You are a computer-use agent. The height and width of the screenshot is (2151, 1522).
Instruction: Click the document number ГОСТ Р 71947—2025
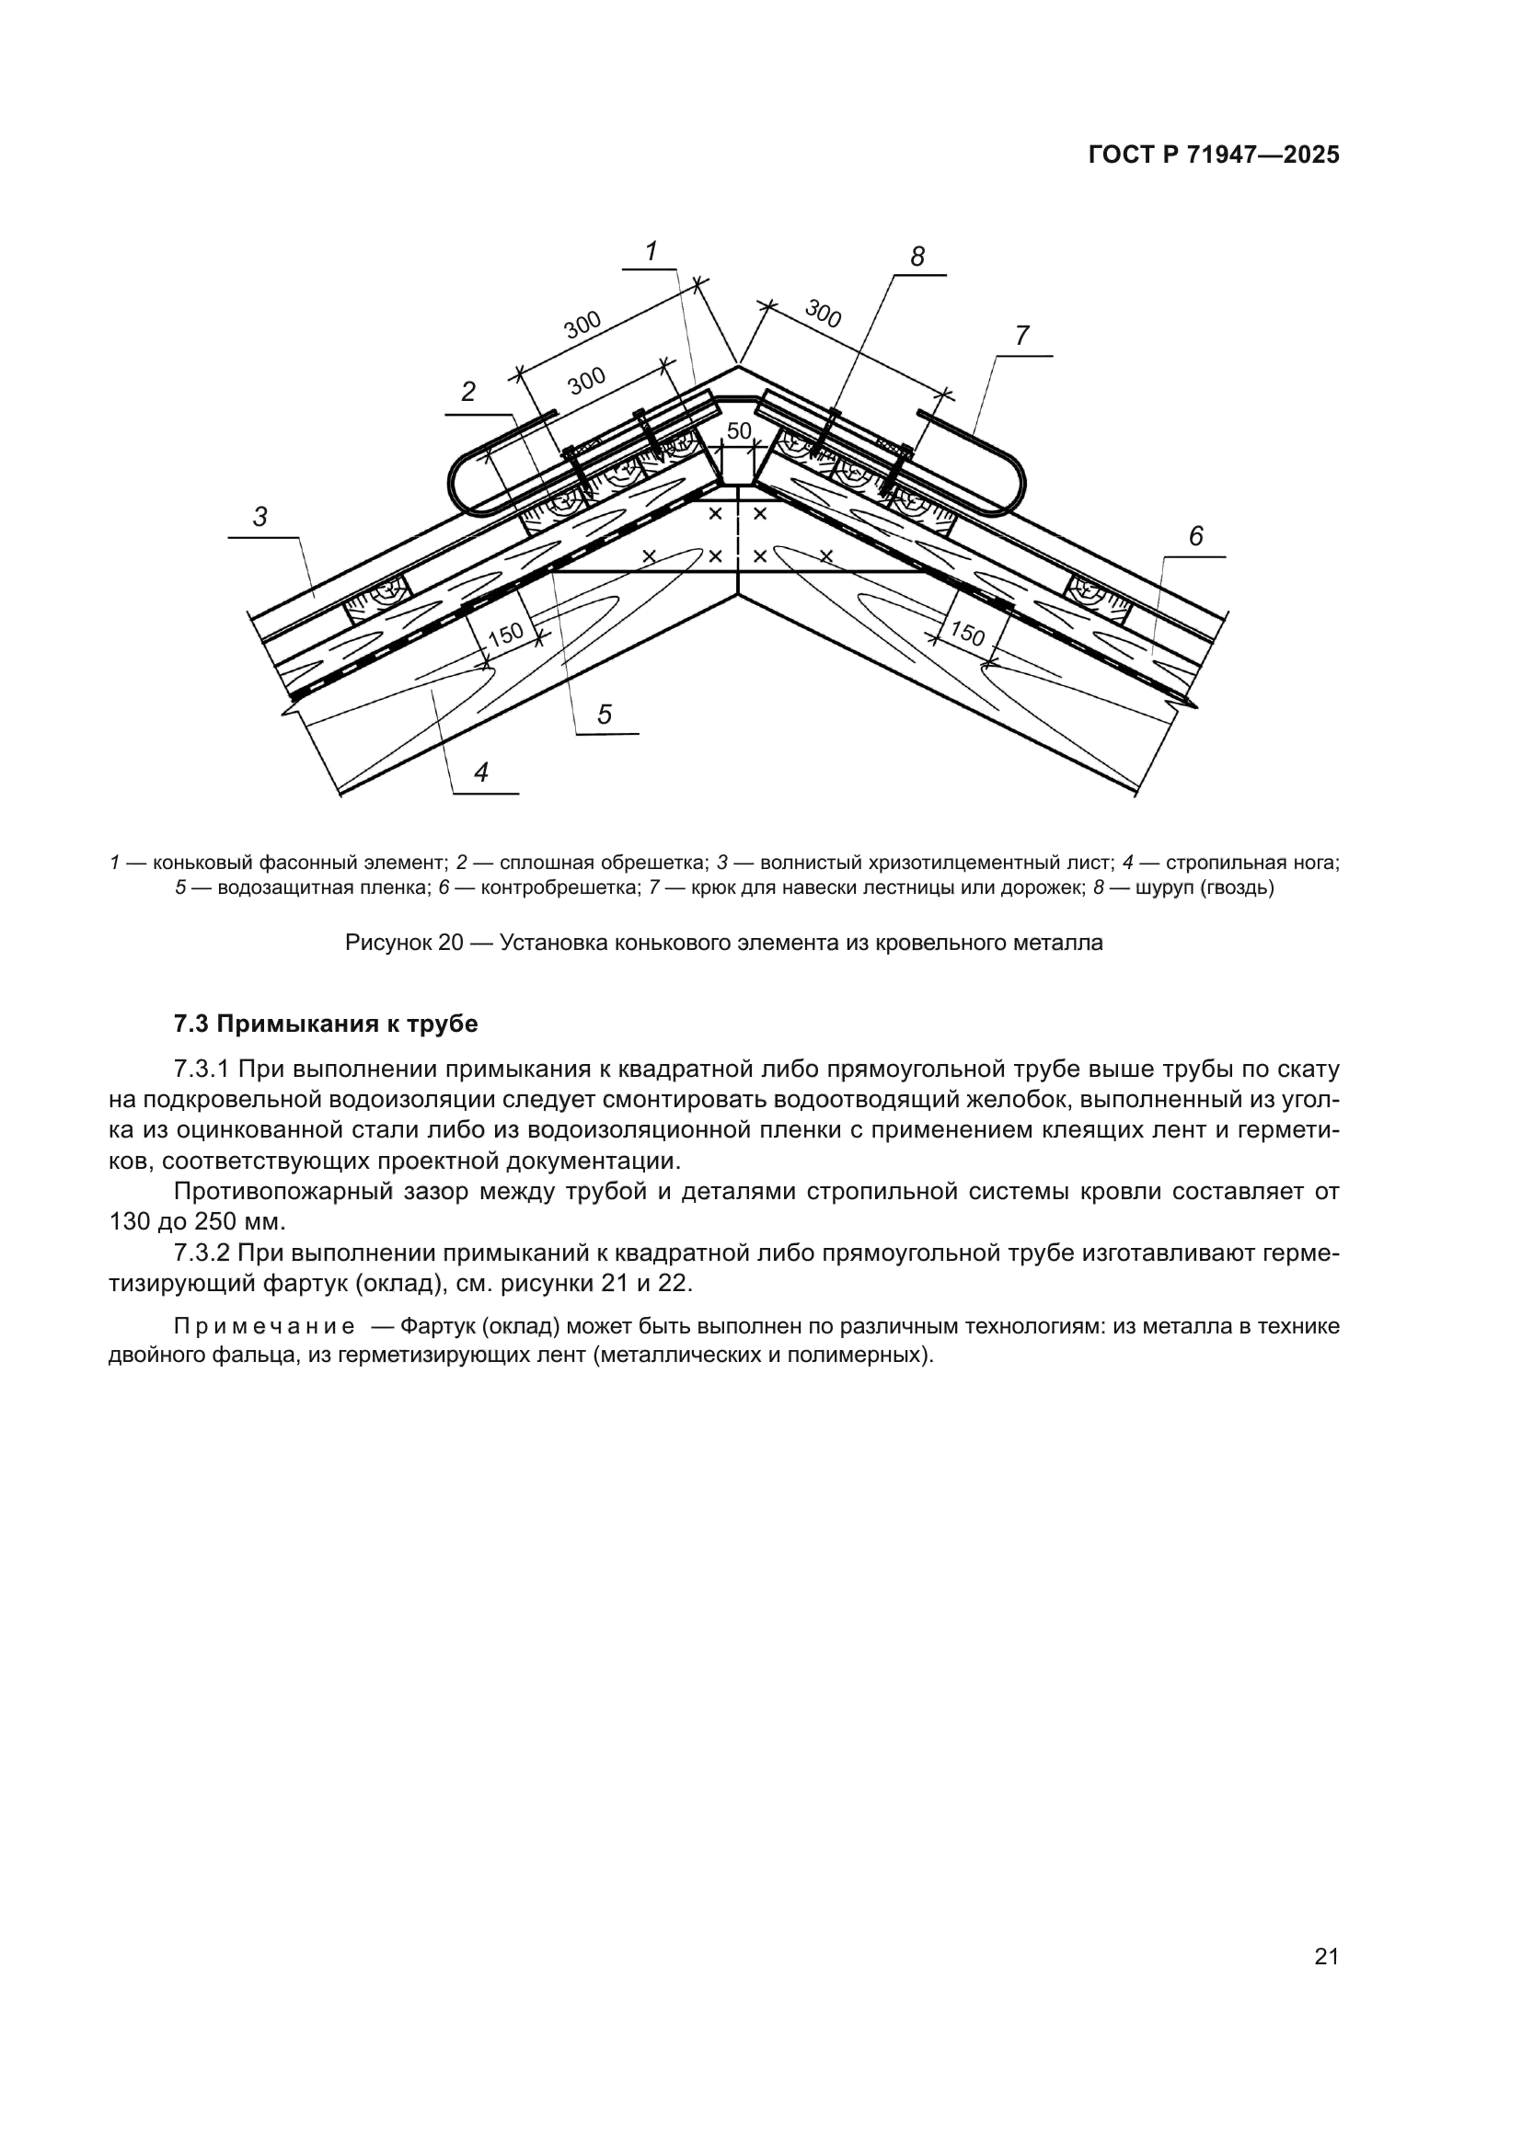1214,155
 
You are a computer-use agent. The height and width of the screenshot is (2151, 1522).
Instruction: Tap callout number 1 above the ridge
651,251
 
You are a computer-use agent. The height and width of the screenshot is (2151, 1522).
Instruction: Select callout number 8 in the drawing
917,257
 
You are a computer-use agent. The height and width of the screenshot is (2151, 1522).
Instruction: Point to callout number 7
1021,336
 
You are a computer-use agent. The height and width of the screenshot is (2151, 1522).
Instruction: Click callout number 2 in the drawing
468,393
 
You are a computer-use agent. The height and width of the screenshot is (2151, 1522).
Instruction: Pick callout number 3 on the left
260,516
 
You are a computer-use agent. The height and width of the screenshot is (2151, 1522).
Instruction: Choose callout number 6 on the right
1196,537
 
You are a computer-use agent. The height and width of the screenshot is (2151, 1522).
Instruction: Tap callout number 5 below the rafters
605,715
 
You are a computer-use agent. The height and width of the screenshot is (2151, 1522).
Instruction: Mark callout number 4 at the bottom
480,772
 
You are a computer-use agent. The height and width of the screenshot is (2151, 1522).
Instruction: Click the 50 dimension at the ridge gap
740,431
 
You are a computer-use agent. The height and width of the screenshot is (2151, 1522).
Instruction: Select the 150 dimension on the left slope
506,635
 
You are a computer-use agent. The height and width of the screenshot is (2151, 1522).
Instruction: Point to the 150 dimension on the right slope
967,635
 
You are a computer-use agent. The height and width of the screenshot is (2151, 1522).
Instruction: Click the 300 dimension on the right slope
823,315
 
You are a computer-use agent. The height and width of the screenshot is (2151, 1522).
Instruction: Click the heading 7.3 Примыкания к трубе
325,1024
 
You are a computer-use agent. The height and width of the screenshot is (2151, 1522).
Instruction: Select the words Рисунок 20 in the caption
404,943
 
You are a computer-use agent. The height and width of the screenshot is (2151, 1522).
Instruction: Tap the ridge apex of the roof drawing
739,365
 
